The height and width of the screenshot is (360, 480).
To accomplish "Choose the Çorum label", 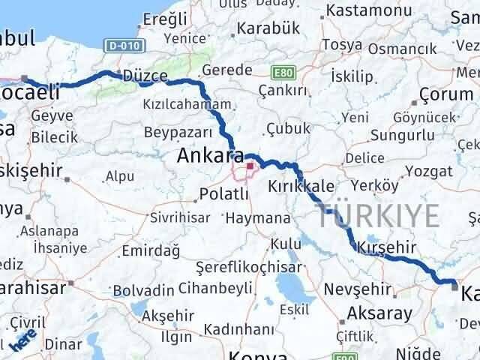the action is [443, 94].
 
